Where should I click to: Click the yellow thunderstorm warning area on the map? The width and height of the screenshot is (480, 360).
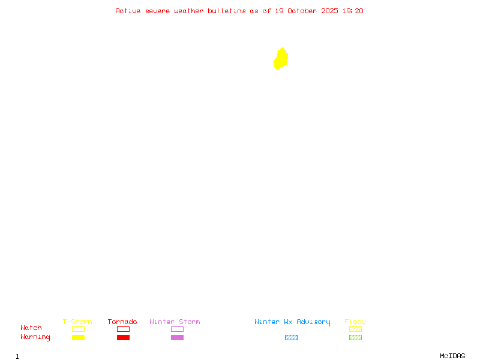pyautogui.click(x=281, y=59)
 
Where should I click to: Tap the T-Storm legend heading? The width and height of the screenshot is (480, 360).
pyautogui.click(x=77, y=322)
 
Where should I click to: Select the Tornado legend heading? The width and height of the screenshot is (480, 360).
pyautogui.click(x=122, y=322)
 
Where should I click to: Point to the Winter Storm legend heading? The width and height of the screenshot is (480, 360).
pyautogui.click(x=175, y=322)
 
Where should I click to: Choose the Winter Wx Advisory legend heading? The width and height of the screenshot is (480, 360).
pyautogui.click(x=292, y=322)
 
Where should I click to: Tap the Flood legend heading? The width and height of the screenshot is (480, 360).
pyautogui.click(x=355, y=322)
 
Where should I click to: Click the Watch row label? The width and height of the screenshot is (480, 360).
pyautogui.click(x=31, y=328)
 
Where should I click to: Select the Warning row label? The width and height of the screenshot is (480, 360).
pyautogui.click(x=35, y=337)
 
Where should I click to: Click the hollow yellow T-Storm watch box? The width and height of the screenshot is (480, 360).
pyautogui.click(x=78, y=329)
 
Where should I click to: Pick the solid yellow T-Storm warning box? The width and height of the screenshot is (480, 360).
pyautogui.click(x=78, y=337)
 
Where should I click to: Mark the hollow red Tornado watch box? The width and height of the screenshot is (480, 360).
pyautogui.click(x=123, y=329)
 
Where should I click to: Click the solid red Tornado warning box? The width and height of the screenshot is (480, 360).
pyautogui.click(x=123, y=337)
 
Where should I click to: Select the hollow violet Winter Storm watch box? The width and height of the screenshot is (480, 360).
pyautogui.click(x=177, y=329)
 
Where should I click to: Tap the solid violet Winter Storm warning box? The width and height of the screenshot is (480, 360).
pyautogui.click(x=177, y=337)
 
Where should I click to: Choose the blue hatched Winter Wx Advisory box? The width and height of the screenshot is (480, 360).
pyautogui.click(x=291, y=337)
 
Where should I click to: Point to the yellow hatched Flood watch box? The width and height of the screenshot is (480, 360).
pyautogui.click(x=355, y=329)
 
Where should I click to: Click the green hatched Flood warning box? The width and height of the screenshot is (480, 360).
pyautogui.click(x=355, y=337)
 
